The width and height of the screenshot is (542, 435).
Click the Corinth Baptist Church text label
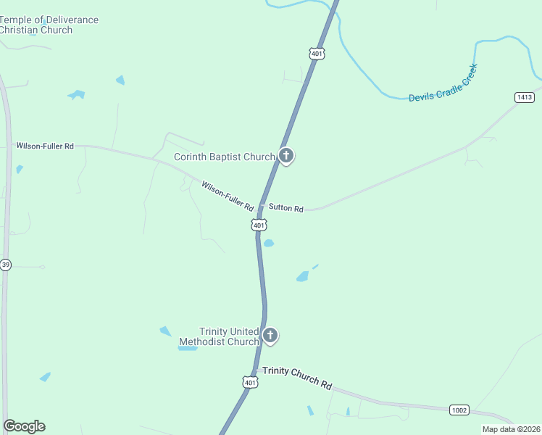click(224, 157)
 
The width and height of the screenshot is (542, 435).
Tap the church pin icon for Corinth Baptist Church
click(286, 155)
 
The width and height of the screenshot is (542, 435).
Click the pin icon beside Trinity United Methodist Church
click(270, 335)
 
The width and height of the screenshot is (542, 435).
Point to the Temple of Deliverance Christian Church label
click(48, 25)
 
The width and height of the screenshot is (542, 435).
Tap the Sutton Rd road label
click(285, 208)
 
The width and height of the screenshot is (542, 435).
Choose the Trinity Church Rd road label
click(297, 377)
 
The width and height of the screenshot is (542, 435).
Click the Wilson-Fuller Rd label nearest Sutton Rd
click(228, 196)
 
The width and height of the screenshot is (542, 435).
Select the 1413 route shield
click(525, 97)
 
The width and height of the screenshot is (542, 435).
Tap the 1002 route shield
click(459, 410)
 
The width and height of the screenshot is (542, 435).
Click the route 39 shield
click(5, 264)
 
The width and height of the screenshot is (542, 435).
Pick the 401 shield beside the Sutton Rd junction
click(259, 225)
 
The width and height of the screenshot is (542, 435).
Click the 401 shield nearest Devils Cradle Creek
click(316, 54)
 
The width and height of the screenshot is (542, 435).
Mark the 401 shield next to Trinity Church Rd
click(250, 382)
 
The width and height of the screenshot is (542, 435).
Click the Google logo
click(24, 426)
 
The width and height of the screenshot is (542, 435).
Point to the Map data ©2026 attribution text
click(511, 429)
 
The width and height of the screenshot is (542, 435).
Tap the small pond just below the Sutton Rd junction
click(268, 244)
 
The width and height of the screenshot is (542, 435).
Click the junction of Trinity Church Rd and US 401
click(257, 370)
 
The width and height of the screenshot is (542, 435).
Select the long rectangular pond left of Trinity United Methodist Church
click(188, 348)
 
